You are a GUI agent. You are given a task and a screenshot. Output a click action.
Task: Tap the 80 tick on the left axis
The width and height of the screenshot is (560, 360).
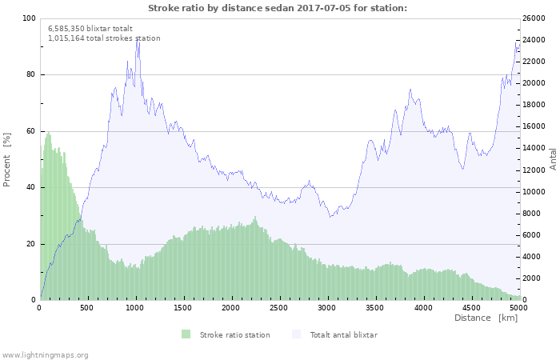point(30,75)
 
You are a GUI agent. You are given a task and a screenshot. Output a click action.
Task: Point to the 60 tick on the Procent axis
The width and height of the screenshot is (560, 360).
point(30,131)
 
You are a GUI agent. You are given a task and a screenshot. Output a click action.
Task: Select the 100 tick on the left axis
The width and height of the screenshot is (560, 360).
point(29,18)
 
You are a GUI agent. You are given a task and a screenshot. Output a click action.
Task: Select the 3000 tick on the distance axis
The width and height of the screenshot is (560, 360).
point(326,307)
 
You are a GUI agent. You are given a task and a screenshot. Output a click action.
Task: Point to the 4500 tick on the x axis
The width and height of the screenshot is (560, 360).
point(470,307)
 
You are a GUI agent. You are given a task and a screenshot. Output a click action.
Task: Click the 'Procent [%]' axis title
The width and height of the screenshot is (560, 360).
point(7,159)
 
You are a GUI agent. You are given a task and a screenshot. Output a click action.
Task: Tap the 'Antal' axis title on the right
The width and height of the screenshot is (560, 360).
point(553,158)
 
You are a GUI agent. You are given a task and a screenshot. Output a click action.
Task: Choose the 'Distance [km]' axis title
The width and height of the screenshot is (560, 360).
point(486,318)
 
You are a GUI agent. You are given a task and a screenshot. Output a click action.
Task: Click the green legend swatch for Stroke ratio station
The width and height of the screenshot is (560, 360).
point(186,334)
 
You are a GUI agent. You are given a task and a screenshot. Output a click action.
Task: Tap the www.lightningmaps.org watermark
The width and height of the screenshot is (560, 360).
point(45,354)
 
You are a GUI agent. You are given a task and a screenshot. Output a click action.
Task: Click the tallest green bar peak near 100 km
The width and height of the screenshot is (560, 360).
point(49,133)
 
